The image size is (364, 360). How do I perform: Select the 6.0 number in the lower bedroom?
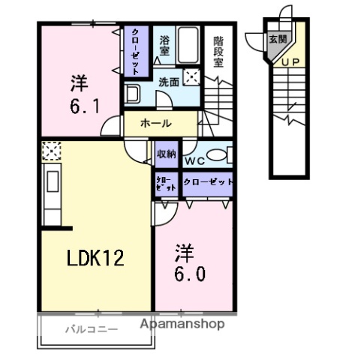191,273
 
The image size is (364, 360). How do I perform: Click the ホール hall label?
156,124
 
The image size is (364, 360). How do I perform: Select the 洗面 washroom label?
167,82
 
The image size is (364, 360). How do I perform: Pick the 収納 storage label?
166,153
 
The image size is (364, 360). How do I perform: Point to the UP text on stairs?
292,61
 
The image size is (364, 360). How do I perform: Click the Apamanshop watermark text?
183,325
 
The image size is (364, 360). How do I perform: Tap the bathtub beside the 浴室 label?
188,45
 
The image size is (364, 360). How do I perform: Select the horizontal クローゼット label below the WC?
206,181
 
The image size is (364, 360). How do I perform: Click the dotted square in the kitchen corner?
51,151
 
